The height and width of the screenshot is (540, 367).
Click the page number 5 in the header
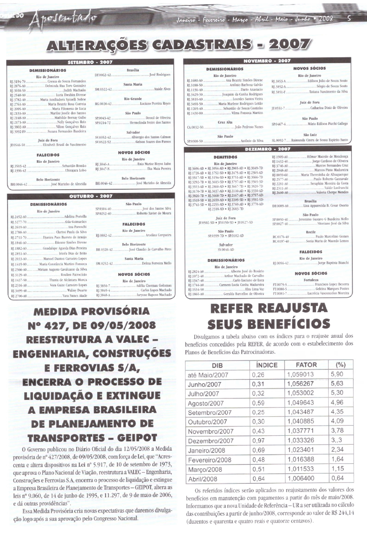tap(349, 18)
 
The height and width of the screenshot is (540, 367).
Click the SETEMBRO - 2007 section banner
tap(90, 62)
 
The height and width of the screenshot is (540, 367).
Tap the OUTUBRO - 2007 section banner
tap(91, 196)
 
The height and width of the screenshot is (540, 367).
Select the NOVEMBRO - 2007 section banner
tap(267, 61)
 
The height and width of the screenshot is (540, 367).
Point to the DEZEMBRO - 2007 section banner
tap(268, 149)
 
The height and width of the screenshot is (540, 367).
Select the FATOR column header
tap(306, 365)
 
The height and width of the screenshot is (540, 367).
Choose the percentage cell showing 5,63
tap(337, 384)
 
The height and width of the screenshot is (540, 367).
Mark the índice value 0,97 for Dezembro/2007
tap(258, 441)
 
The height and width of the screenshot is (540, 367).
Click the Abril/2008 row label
tap(202, 479)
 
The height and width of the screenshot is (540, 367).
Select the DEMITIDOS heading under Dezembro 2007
tap(225, 157)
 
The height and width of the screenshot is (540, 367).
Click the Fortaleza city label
tap(311, 280)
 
